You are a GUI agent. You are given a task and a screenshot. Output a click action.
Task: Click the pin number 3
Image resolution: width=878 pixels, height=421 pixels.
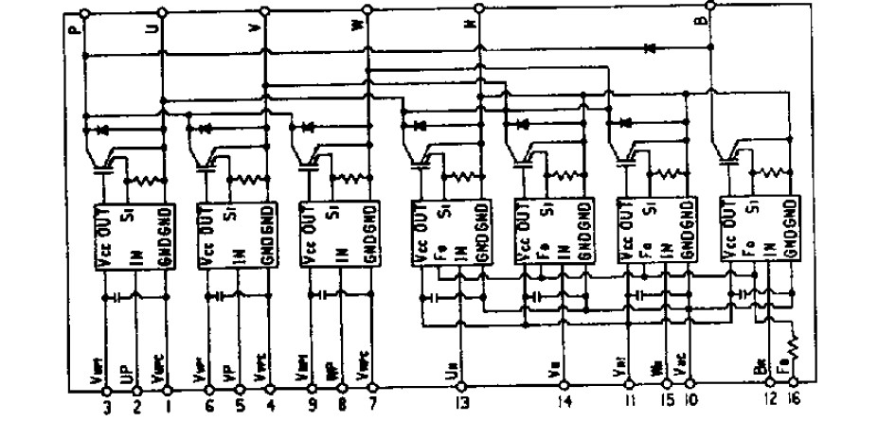pos(106,407)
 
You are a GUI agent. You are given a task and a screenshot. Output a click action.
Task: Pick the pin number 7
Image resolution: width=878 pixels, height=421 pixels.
pos(370,407)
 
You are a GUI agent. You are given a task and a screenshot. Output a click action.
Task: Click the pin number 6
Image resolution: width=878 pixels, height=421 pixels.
pos(209,407)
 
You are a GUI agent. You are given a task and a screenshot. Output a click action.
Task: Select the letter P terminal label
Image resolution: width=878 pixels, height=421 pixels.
pos(76,31)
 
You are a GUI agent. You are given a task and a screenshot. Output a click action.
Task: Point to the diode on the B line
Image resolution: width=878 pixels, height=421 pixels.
pos(650,46)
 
